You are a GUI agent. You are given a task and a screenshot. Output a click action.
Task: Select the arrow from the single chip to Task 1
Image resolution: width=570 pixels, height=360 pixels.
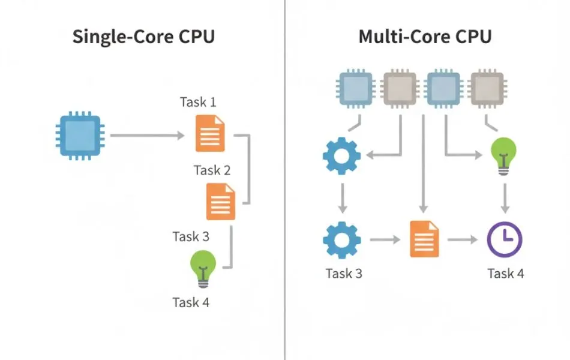[147, 136]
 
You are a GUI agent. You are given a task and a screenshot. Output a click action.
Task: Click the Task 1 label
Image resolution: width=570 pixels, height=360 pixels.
[198, 102]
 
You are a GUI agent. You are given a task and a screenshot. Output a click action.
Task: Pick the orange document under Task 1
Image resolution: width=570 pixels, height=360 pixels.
[209, 134]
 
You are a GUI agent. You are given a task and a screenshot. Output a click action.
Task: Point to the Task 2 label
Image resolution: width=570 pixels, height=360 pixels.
[212, 170]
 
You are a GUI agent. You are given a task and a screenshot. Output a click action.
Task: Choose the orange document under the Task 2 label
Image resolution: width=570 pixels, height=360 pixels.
[221, 202]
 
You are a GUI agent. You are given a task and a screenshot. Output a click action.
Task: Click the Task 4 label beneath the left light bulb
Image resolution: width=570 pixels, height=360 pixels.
[191, 302]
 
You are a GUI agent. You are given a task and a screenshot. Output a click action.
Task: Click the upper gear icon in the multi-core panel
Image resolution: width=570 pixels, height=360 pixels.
[341, 155]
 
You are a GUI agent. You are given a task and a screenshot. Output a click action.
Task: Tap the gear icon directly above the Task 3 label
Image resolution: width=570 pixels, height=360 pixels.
[341, 239]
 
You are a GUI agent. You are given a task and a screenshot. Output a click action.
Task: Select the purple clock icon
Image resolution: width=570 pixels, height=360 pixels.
[504, 239]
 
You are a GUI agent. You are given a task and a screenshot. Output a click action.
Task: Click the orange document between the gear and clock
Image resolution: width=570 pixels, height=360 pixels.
[425, 239]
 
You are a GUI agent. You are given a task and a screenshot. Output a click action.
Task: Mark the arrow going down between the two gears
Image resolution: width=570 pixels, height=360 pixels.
[342, 198]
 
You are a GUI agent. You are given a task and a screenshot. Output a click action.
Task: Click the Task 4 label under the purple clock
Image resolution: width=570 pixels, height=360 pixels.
[506, 274]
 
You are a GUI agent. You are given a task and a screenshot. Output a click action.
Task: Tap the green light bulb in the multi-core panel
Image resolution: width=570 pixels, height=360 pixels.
[503, 155]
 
